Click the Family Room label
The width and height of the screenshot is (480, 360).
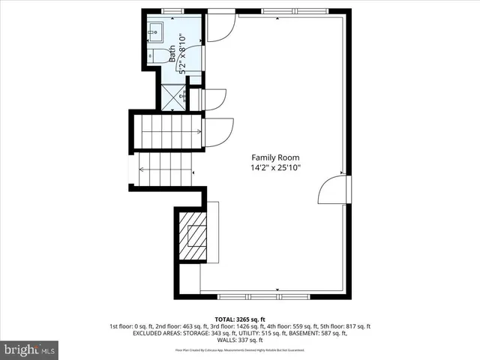(275, 157)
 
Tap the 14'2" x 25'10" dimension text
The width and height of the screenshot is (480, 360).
(275, 169)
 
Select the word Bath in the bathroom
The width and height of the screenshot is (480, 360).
(172, 52)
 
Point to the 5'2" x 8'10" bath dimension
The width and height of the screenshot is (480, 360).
(181, 51)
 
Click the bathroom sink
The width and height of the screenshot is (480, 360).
(156, 31)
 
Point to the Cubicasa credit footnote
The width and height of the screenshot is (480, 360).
(239, 350)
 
